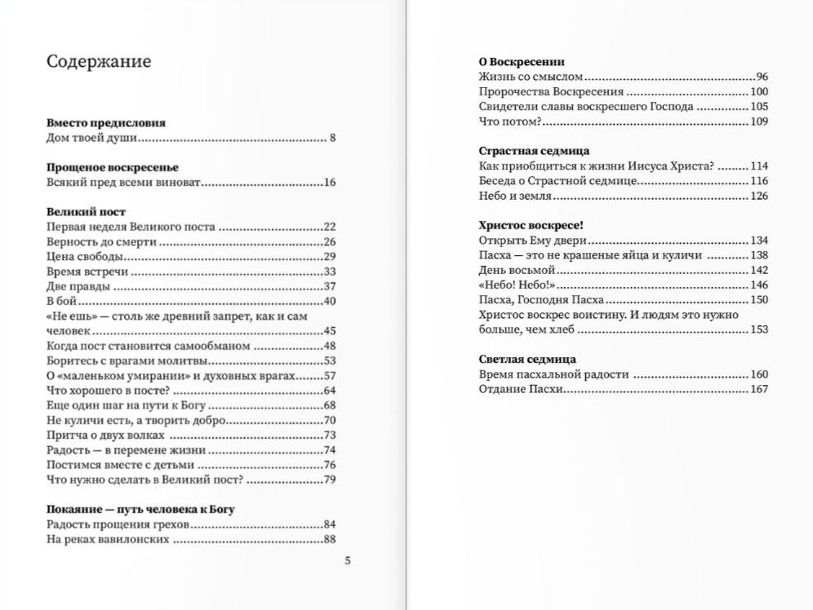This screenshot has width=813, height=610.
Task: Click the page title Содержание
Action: (98, 62)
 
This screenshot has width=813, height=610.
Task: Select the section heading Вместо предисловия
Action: (106, 123)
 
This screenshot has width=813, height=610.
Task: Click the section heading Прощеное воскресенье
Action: (111, 167)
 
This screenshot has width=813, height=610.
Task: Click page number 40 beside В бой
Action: (330, 301)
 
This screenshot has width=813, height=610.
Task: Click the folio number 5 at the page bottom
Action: (348, 560)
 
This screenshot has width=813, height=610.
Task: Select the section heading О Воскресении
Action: (521, 62)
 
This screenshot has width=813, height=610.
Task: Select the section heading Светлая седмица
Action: (528, 360)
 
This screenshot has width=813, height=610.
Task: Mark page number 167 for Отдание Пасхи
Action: (759, 390)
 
